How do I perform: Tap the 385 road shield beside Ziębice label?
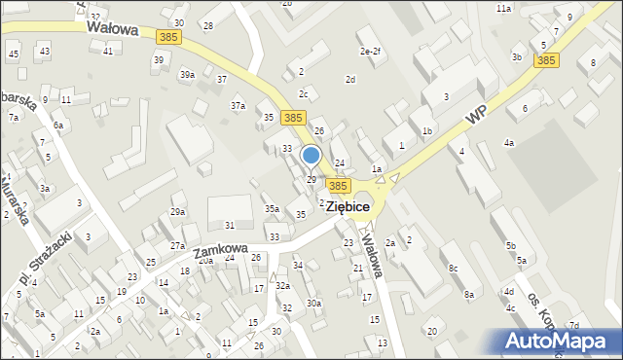(x=338, y=185)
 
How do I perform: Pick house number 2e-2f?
(x=370, y=52)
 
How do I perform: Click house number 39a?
(x=187, y=74)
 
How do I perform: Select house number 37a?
(x=238, y=105)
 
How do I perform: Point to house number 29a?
(x=177, y=211)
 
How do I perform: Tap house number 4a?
(x=508, y=143)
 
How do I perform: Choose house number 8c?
(x=453, y=268)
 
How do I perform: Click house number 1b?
(x=426, y=130)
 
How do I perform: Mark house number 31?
(x=229, y=225)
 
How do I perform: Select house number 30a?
(x=313, y=303)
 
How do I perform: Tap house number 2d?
(x=350, y=79)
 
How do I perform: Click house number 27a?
(x=177, y=246)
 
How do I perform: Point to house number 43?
(x=45, y=51)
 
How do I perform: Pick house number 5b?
(x=510, y=246)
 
